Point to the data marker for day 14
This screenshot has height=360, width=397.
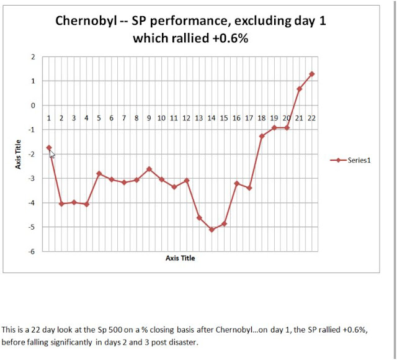click(x=212, y=230)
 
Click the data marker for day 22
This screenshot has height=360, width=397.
click(x=311, y=74)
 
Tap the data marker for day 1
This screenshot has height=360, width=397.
click(x=49, y=148)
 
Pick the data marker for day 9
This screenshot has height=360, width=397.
click(x=149, y=169)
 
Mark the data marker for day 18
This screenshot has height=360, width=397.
click(x=262, y=136)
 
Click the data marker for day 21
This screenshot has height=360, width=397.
click(x=299, y=89)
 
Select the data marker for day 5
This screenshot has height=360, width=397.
click(x=99, y=174)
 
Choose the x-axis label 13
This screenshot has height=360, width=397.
click(x=199, y=118)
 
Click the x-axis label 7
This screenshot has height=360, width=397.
click(x=124, y=118)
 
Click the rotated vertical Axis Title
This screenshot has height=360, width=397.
click(x=19, y=154)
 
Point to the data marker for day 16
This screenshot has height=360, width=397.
click(x=236, y=183)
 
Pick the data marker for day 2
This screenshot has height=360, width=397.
click(x=61, y=204)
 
